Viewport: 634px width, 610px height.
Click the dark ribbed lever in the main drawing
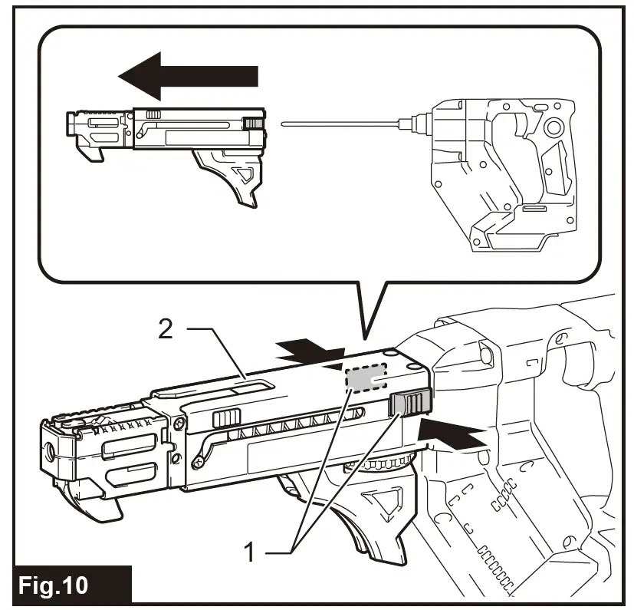click(x=411, y=405)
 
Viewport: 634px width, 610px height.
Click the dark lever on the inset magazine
click(x=253, y=124)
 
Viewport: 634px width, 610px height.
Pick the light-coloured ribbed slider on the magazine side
click(x=226, y=418)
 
